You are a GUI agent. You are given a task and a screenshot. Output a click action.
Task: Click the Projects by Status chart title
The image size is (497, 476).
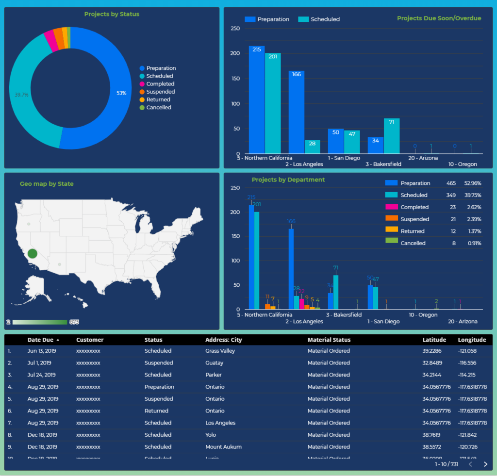coord(112,14)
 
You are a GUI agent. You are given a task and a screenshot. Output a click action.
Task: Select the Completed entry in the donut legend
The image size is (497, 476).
coord(160,84)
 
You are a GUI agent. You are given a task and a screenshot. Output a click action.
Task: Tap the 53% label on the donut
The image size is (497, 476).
coord(121,93)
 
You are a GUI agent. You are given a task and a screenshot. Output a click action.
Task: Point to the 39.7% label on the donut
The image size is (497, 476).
coord(21,95)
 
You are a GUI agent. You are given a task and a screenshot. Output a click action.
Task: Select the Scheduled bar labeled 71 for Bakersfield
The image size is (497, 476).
coord(392,136)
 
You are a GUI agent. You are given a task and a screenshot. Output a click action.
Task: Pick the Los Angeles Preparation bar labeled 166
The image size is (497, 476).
coord(297,112)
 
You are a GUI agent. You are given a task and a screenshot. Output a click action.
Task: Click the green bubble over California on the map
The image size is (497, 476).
coord(33,253)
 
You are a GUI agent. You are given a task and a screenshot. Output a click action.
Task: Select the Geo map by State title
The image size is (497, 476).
coord(47,184)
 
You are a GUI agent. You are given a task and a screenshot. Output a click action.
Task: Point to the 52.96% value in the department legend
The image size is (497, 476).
coord(472,183)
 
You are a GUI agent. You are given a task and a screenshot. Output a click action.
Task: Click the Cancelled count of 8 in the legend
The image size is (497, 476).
coord(454,243)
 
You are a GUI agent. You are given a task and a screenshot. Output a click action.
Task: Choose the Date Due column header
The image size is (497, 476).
coord(41,340)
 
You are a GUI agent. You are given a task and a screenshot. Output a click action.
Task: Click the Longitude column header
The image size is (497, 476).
coord(472,340)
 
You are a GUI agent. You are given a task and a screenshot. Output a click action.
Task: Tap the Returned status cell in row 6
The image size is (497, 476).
coord(156,411)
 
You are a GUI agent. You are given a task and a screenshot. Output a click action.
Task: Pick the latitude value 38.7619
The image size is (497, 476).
coord(432,435)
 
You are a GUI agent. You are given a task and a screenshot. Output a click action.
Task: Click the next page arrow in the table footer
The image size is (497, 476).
coord(485,464)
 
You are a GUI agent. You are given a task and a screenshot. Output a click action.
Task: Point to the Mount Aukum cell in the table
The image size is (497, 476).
coord(223,447)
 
